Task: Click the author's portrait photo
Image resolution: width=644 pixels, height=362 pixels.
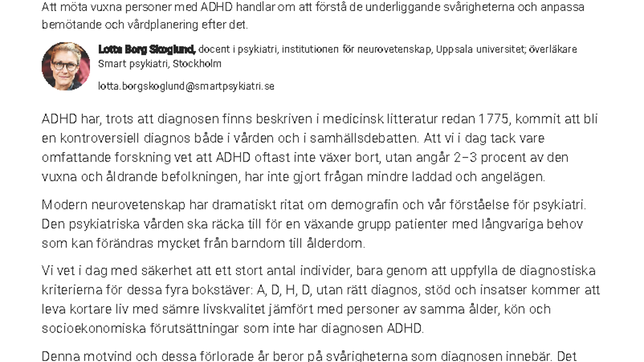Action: pos(66,66)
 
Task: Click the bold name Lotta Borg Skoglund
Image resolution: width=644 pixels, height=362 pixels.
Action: pos(146,49)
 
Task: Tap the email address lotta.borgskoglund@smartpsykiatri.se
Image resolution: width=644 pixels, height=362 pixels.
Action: pos(186,86)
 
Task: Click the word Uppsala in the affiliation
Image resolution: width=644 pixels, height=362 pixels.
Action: pos(453,49)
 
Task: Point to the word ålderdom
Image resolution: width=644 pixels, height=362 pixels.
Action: pos(335,243)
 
